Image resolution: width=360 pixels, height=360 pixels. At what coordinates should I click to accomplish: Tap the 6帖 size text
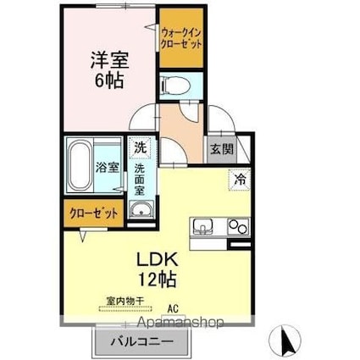[x=108, y=83]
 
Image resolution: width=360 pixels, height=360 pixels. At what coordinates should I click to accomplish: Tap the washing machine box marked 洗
[x=139, y=147]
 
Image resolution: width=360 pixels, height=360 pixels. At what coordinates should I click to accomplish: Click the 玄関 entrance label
[x=219, y=148]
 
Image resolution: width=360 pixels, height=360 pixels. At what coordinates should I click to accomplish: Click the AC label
[x=173, y=308]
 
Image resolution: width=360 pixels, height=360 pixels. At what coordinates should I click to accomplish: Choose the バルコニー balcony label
[x=139, y=343]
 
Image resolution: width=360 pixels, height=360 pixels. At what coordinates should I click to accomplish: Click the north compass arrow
[x=287, y=341]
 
